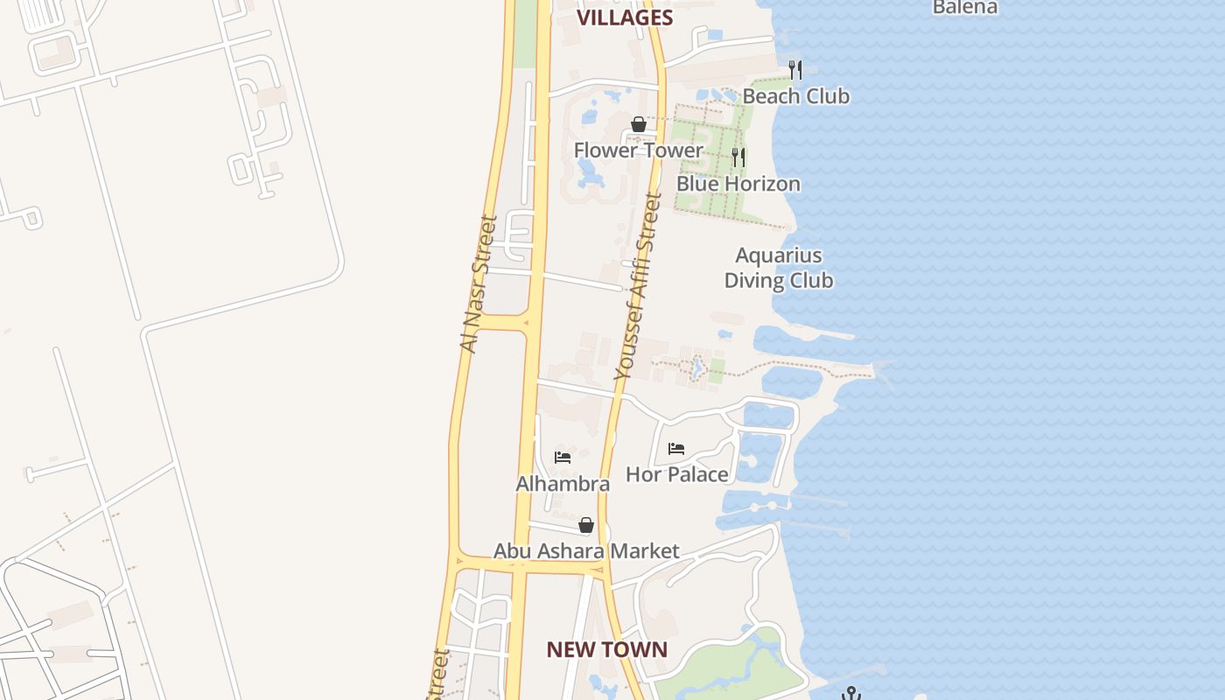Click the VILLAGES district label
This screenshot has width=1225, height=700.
(625, 17)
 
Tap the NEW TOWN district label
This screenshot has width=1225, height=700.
(607, 649)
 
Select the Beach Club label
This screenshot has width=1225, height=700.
(796, 95)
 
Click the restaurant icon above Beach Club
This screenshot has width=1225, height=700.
(795, 69)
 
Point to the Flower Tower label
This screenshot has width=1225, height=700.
(638, 150)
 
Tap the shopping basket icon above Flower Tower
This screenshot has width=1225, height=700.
(639, 124)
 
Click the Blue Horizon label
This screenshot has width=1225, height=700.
(738, 184)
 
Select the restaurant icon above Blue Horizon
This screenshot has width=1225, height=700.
(738, 157)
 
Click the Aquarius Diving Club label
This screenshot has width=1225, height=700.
(779, 268)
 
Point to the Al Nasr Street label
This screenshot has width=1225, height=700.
(478, 284)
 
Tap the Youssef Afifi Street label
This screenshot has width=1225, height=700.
(637, 287)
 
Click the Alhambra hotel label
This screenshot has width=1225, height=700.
(563, 484)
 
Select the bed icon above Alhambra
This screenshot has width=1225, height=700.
(563, 458)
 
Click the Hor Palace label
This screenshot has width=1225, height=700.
(677, 474)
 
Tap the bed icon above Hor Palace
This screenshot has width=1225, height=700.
(676, 449)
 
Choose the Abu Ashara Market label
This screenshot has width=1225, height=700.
(586, 551)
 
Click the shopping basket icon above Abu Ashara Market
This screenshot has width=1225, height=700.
(586, 525)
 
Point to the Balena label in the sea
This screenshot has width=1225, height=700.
(965, 8)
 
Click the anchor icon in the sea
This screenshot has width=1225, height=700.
(850, 693)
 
